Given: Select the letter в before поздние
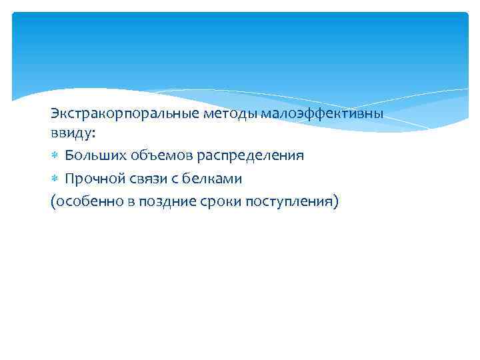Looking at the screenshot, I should (x=132, y=201).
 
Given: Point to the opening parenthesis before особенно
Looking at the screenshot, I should (x=53, y=201).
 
